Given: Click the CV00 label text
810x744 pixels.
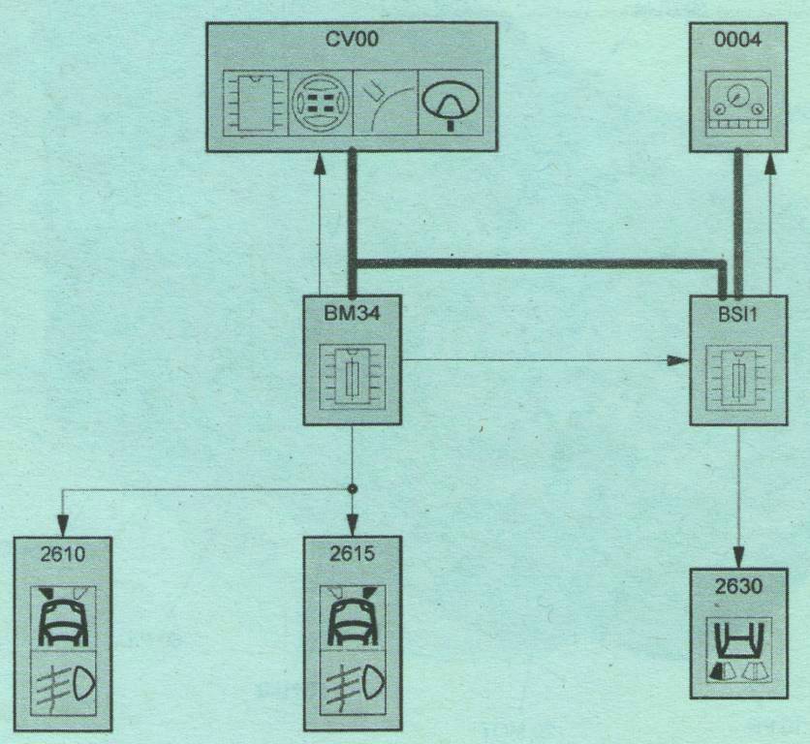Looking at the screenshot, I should pyautogui.click(x=354, y=42).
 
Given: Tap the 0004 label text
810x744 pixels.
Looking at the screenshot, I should pyautogui.click(x=737, y=42).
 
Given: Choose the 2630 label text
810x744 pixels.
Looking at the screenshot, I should pyautogui.click(x=737, y=587).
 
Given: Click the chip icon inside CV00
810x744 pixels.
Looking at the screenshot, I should pyautogui.click(x=255, y=102).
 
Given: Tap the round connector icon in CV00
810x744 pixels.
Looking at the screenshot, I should pyautogui.click(x=321, y=102).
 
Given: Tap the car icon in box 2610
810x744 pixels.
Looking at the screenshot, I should pyautogui.click(x=62, y=616).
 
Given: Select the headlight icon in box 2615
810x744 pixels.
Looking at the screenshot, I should pyautogui.click(x=352, y=682).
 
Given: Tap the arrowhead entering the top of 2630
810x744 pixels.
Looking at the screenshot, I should pyautogui.click(x=738, y=559).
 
